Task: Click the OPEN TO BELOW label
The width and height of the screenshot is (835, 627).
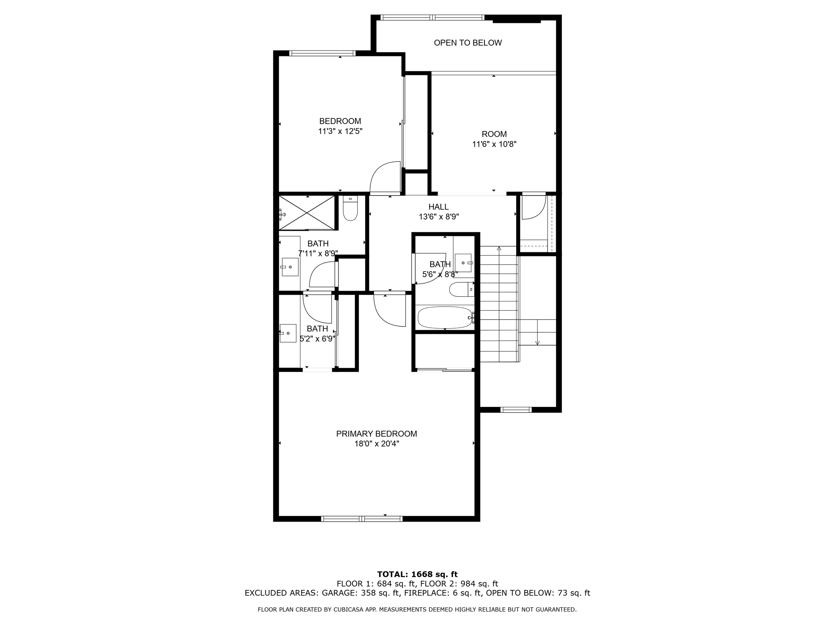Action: pyautogui.click(x=468, y=43)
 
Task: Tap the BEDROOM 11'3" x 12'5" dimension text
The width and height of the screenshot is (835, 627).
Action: pyautogui.click(x=340, y=131)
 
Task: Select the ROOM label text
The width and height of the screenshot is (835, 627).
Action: pyautogui.click(x=494, y=134)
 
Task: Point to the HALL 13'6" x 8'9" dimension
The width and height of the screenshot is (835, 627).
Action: pyautogui.click(x=439, y=217)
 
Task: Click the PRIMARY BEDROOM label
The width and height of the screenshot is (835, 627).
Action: pyautogui.click(x=376, y=434)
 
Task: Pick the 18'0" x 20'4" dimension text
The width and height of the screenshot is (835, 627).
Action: pyautogui.click(x=376, y=444)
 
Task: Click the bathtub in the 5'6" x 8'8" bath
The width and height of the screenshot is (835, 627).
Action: pyautogui.click(x=444, y=318)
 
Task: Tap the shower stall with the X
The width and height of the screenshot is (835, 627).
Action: pyautogui.click(x=307, y=213)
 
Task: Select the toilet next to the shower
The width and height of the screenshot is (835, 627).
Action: pyautogui.click(x=350, y=209)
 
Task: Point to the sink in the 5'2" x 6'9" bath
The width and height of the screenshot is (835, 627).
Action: pyautogui.click(x=288, y=333)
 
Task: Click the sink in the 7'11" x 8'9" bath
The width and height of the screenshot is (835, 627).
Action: pyautogui.click(x=290, y=267)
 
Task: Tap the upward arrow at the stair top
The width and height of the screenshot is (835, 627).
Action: pyautogui.click(x=499, y=248)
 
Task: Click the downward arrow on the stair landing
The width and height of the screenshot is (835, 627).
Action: pyautogui.click(x=537, y=342)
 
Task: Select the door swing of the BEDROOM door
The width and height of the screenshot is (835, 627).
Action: pyautogui.click(x=383, y=177)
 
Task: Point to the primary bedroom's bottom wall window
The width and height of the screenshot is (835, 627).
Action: pyautogui.click(x=362, y=519)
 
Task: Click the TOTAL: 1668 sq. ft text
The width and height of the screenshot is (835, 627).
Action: pyautogui.click(x=417, y=574)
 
